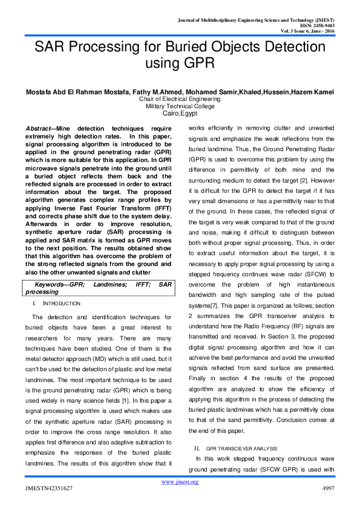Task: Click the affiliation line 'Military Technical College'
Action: tap(180, 106)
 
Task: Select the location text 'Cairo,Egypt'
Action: tap(180, 113)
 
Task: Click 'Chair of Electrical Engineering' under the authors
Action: tap(180, 99)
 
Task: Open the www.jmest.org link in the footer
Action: tap(180, 482)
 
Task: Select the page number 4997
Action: tap(326, 488)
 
